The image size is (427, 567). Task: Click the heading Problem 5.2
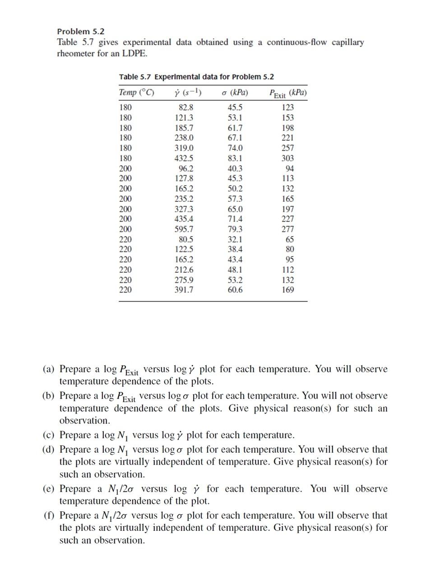(80, 32)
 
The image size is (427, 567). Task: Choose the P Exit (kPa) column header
(288, 93)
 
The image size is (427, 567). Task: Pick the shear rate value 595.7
(184, 229)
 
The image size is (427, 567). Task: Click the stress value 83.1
(235, 158)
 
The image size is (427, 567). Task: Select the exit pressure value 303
(288, 158)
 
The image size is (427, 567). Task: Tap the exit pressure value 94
(290, 169)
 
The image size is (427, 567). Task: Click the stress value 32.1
(235, 240)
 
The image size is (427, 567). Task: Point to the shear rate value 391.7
(184, 290)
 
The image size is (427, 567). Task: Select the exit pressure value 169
(288, 290)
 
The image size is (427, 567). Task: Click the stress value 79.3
(235, 229)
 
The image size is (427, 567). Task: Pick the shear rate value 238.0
(184, 138)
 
